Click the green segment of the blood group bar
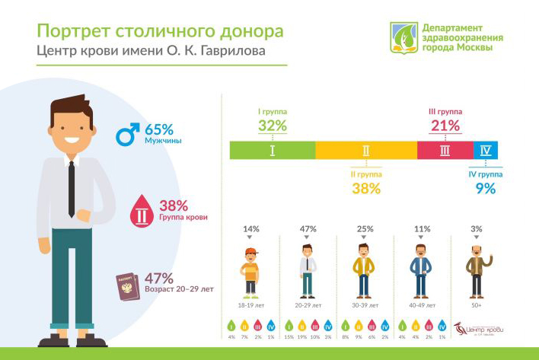click(273, 151)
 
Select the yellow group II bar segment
click(366, 151)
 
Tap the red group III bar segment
click(445, 151)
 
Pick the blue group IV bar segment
click(486, 151)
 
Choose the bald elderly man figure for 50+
click(477, 270)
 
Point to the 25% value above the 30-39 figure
click(365, 228)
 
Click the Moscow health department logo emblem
click(403, 37)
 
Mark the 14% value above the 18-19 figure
click(251, 228)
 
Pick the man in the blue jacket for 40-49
click(420, 270)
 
